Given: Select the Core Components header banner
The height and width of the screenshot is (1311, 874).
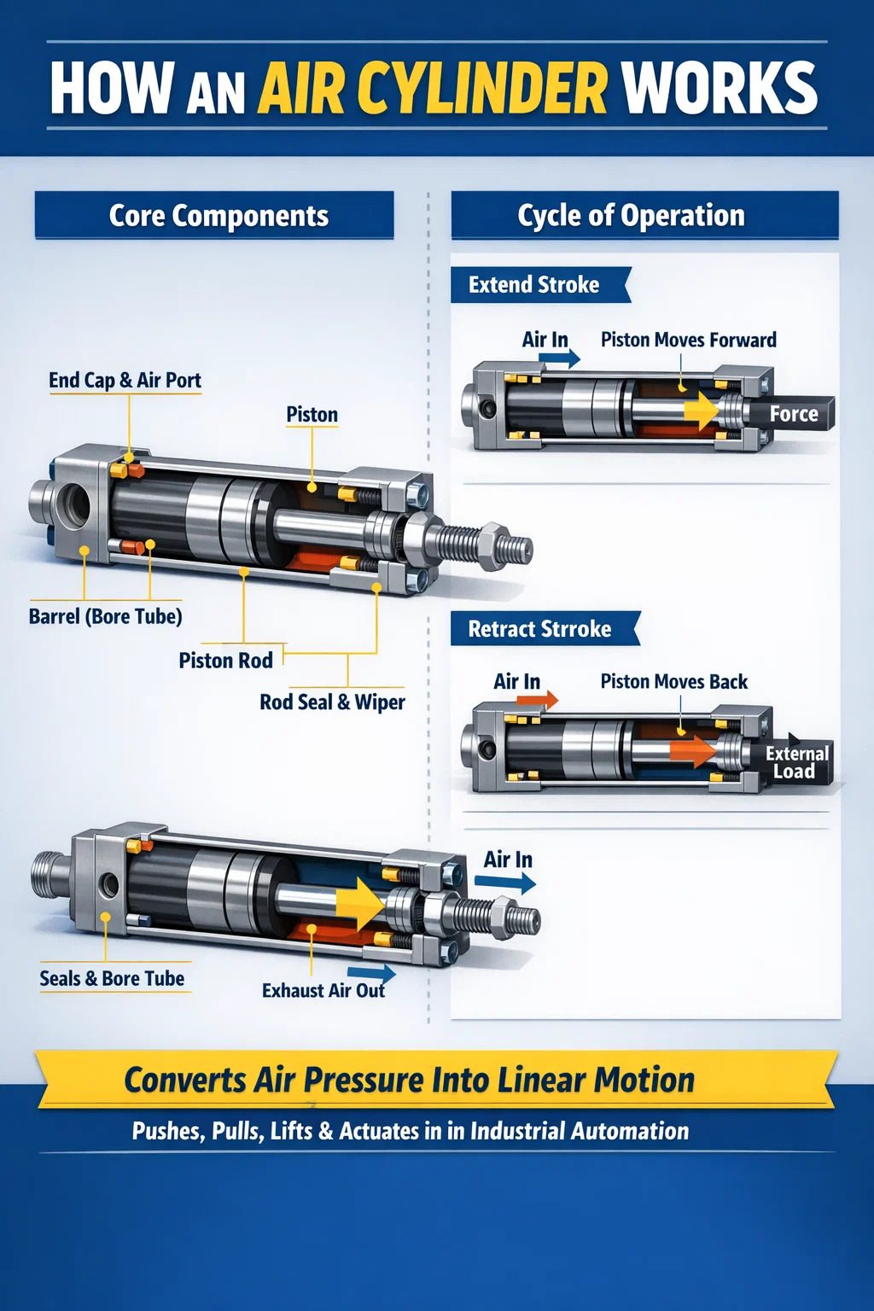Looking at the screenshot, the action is (214, 215).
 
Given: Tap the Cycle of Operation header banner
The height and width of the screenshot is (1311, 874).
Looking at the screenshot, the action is (644, 215).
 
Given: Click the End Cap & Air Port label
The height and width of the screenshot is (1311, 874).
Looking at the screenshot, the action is (125, 381).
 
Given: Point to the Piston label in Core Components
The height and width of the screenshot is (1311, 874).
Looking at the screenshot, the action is (312, 414).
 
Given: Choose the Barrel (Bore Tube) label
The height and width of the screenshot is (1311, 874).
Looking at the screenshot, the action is (105, 616).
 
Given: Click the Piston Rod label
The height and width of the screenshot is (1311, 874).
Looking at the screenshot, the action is (226, 661).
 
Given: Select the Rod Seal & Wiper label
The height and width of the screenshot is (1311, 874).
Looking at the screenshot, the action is (332, 702).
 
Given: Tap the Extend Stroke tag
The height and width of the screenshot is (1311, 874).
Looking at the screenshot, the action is (539, 285).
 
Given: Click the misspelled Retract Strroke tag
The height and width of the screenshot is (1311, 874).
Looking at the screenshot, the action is (545, 628).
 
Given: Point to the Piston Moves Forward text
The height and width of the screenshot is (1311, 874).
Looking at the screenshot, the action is (689, 340).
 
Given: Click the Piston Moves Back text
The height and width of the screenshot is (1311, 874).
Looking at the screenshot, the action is (674, 682).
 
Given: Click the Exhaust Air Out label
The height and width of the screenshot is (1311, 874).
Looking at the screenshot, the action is (323, 990).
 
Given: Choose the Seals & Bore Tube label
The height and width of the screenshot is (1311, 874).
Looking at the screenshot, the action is (112, 978).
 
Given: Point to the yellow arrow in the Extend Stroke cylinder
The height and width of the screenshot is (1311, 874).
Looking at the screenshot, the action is (702, 411).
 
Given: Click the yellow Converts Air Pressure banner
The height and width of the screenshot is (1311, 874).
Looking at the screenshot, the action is (437, 1080).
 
